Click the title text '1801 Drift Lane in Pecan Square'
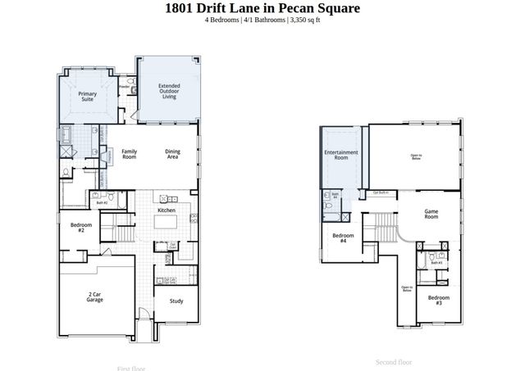point(262,8)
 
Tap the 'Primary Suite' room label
point(88,97)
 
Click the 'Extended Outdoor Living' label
point(169,91)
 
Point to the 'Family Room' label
point(129,153)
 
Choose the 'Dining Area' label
point(172,153)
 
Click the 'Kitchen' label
point(167,210)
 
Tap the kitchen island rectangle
point(167,223)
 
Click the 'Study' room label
point(176,301)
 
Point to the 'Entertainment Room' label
point(341,155)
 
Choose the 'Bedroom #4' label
point(343,239)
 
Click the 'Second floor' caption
point(393,361)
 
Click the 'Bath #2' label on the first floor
point(102,201)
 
